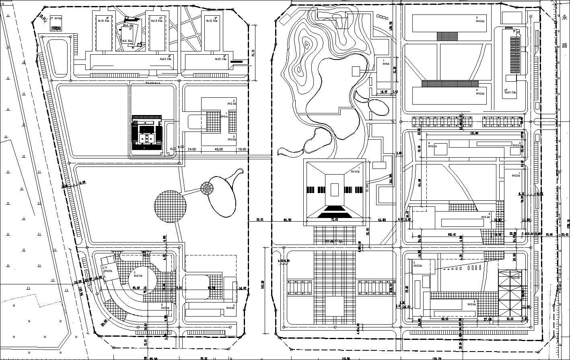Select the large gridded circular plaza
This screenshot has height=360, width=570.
(170, 206)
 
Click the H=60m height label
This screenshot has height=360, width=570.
(108, 271)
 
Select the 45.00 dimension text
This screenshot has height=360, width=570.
(219, 149)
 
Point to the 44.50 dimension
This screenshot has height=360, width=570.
(288, 220)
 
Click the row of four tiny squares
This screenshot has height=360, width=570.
(384, 17)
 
